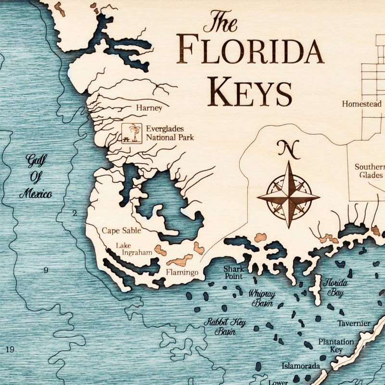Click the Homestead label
tap(361, 104)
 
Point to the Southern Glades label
tap(370, 171)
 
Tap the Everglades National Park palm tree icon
tap(132, 133)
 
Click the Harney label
tap(149, 108)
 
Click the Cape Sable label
tap(121, 231)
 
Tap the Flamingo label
tap(182, 273)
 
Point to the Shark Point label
tap(233, 273)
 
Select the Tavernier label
tap(354, 323)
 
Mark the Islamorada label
tap(301, 366)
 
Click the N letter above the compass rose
tap(288, 148)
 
